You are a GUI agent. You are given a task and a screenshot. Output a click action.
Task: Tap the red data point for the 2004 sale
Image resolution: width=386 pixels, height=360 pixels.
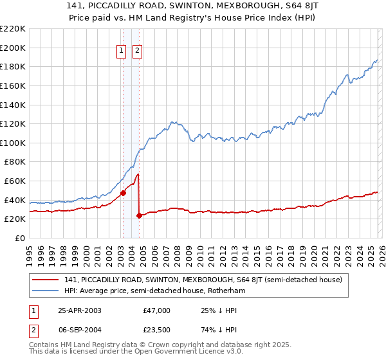pos(139,215)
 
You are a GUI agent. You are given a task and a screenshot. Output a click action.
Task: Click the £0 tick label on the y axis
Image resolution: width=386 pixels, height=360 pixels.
pos(19,238)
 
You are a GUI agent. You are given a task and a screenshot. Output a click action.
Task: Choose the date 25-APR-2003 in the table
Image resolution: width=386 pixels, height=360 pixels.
pos(79,310)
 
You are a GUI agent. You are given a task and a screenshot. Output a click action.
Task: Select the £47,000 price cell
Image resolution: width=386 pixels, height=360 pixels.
pos(157,310)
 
